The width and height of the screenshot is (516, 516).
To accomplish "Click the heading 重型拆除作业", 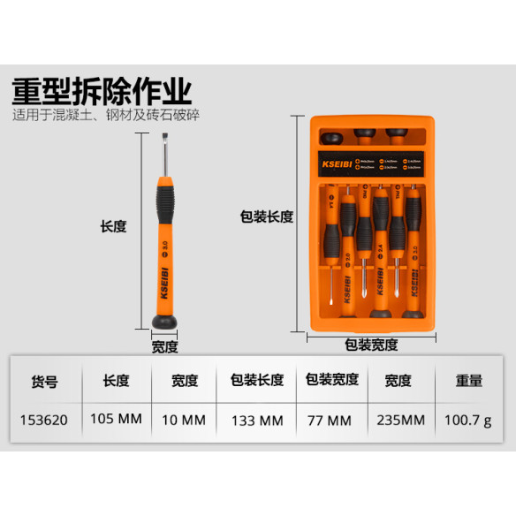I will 102,91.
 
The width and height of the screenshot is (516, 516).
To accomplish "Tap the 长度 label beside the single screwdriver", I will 113,226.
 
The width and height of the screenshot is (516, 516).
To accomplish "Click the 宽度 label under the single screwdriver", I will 164,347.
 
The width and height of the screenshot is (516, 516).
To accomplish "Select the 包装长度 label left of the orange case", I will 266,216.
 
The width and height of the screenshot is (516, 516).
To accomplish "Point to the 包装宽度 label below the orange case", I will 370,345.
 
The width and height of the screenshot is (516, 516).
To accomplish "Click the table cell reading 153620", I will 44,420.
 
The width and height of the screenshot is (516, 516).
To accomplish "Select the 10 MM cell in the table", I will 185,420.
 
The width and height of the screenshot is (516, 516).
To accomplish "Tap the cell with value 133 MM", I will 257,420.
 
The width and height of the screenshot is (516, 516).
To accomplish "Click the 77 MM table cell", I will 331,420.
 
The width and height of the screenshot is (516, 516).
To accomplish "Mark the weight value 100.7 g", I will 468,420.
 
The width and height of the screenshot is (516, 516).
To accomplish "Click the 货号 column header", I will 44,382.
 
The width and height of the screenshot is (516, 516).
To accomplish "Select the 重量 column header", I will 468,381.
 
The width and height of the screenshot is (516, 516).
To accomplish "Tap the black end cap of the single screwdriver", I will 163,322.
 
